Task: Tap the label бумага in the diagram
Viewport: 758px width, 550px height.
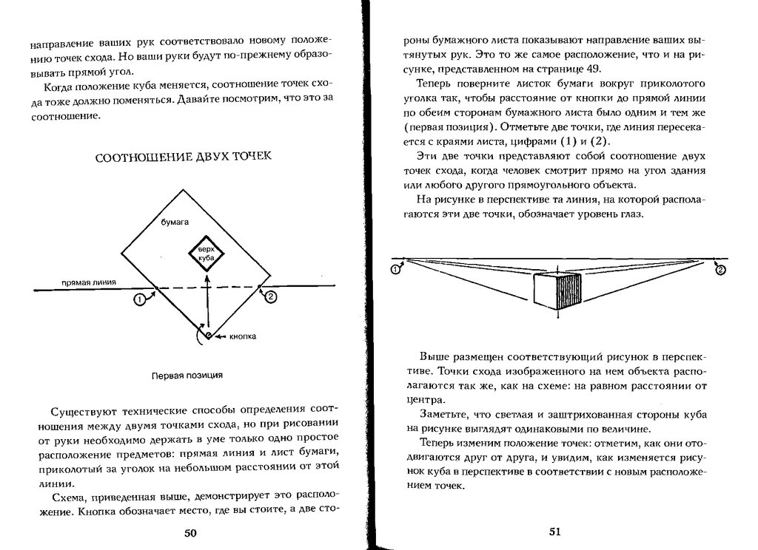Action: (175, 221)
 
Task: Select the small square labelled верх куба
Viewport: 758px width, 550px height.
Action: (207, 256)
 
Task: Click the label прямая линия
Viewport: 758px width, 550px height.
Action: (87, 282)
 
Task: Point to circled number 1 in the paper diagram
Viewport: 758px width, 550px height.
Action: (138, 299)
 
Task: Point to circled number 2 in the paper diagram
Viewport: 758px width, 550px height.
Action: (271, 296)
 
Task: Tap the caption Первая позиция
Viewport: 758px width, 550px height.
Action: (187, 375)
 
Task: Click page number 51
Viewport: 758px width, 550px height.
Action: (556, 532)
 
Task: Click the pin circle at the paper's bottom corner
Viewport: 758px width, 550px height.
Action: (209, 336)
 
